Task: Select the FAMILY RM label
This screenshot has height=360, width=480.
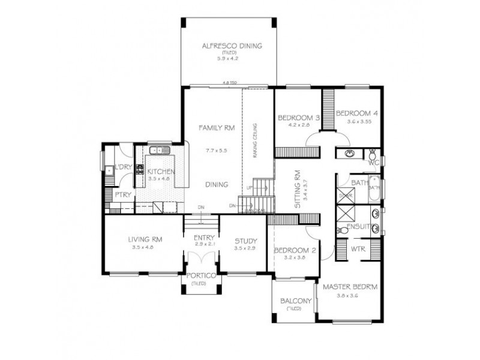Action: point(217,128)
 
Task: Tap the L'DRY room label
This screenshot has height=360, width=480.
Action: point(123,167)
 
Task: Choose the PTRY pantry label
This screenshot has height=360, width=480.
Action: point(122,195)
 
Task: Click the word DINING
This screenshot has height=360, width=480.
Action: point(216,185)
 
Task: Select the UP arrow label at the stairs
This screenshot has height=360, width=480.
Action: point(249,188)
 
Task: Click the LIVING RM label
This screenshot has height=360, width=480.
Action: point(145,239)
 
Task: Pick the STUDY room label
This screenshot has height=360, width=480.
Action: point(245,241)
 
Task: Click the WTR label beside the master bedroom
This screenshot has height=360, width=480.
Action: point(358,248)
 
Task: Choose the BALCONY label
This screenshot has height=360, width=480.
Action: point(295,301)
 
